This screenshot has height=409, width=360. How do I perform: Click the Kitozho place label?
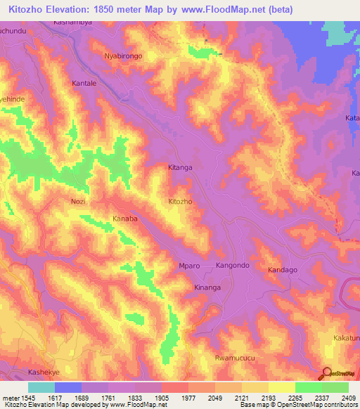(180, 202)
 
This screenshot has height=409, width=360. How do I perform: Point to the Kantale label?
(84, 84)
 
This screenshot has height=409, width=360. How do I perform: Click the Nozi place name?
(79, 202)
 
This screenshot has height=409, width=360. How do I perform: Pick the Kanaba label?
(124, 219)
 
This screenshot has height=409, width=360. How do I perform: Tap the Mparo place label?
(191, 267)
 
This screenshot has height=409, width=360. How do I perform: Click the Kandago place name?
(283, 270)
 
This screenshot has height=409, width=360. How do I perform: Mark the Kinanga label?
(207, 288)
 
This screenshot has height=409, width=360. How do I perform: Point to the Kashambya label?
(72, 22)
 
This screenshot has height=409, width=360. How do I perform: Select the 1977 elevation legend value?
(188, 397)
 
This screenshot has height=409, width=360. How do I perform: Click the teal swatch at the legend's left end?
(41, 387)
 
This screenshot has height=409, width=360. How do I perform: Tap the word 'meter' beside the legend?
(10, 397)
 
